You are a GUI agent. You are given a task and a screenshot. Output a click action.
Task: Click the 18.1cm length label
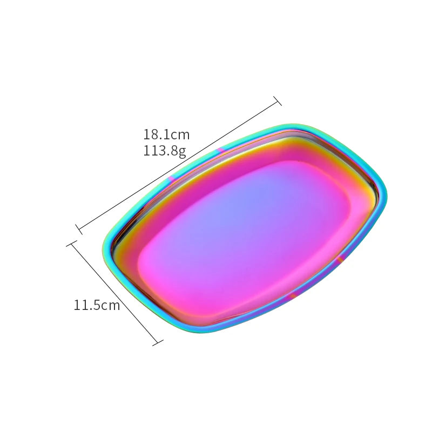pyautogui.click(x=166, y=134)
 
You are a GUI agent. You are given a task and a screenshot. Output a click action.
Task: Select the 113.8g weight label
pyautogui.click(x=165, y=151)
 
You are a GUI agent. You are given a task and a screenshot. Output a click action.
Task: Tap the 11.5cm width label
pyautogui.click(x=97, y=305)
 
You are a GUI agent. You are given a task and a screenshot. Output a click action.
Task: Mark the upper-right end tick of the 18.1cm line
pyautogui.click(x=278, y=100)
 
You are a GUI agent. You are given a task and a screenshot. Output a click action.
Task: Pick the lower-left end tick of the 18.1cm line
pyautogui.click(x=79, y=229)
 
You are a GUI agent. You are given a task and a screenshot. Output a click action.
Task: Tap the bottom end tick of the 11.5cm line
pyautogui.click(x=158, y=342)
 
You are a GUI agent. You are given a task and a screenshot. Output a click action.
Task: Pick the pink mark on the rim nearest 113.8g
pyautogui.click(x=221, y=150)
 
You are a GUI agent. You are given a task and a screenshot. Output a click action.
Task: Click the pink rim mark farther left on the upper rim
pyautogui.click(x=171, y=178)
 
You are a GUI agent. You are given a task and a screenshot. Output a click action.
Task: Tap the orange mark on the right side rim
pyautogui.click(x=340, y=261)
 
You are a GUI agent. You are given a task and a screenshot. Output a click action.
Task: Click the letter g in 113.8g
pyautogui.click(x=183, y=152)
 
